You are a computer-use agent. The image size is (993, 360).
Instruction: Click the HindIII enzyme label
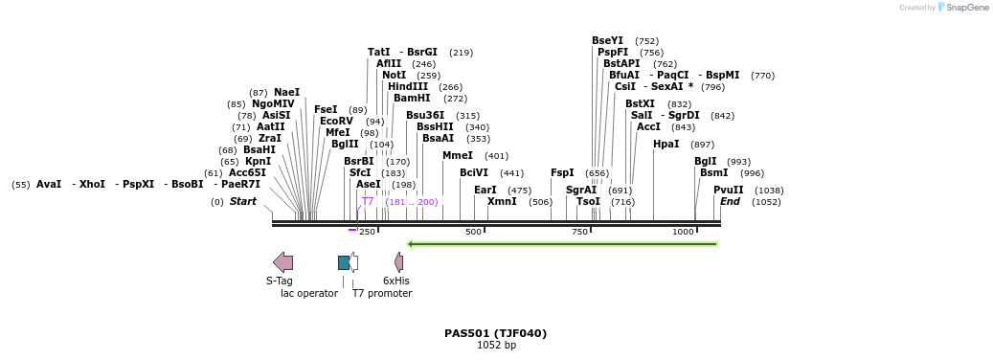coord(408,87)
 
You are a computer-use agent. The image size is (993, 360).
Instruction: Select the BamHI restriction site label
coord(412,99)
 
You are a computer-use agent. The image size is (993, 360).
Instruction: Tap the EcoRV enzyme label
coord(336,122)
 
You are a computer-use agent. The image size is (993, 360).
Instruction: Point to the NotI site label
coord(394,76)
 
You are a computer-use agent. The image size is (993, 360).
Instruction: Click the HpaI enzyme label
coord(666,145)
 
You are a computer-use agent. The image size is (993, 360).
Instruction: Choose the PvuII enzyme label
coord(728,191)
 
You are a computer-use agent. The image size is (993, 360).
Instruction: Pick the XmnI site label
coord(502,202)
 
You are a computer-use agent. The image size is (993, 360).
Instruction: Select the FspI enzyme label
coord(562,173)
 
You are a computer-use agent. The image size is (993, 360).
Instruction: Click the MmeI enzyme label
coord(458,156)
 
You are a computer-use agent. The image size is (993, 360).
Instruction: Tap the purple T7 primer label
coord(368,202)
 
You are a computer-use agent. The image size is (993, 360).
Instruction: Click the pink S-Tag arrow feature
coord(282,262)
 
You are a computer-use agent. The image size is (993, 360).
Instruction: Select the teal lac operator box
coord(344,262)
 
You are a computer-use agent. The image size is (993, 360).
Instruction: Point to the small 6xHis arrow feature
coord(398,262)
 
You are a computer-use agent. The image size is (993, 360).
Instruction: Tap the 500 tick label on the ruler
coord(473,233)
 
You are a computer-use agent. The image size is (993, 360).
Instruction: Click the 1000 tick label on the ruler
coord(683,233)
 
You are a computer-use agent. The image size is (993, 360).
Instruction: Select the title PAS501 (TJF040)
coord(495,333)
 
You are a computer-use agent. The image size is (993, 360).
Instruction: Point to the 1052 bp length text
coord(496,346)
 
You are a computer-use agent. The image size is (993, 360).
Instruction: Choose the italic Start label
coord(242,202)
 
